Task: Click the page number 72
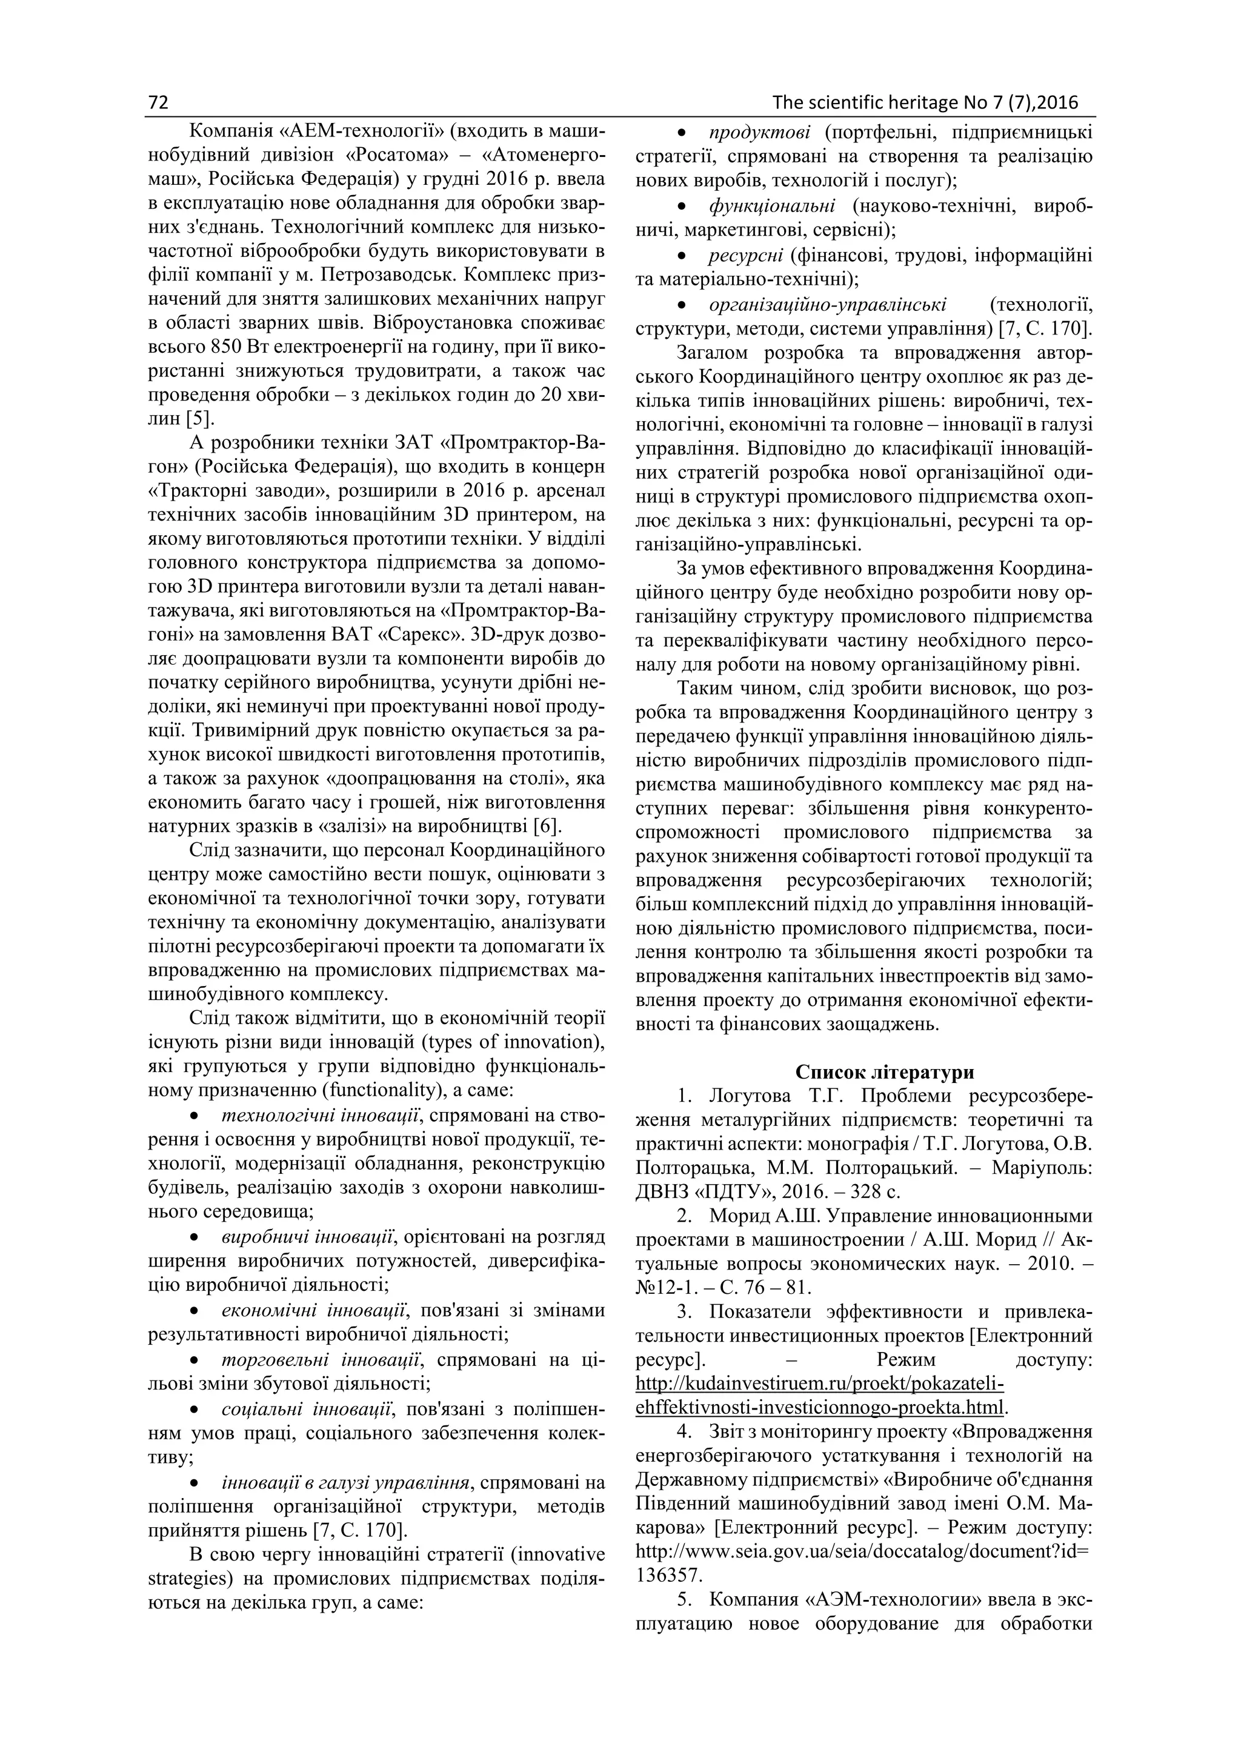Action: [x=158, y=102]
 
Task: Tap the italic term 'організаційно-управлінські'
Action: [x=828, y=305]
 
